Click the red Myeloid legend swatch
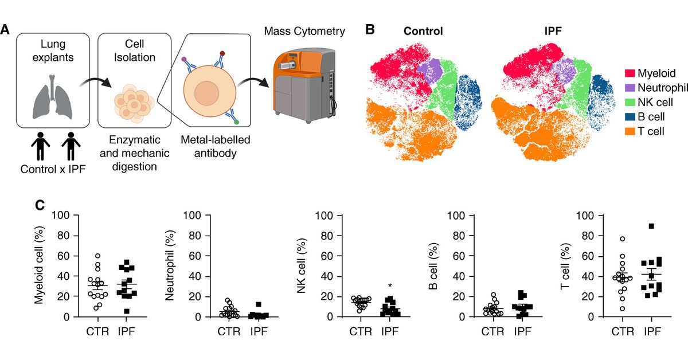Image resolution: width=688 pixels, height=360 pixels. pos(629,73)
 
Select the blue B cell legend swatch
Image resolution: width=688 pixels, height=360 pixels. pos(629,116)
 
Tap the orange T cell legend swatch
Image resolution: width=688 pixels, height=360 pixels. pos(629,131)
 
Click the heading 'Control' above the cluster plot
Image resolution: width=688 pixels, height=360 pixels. pos(423,31)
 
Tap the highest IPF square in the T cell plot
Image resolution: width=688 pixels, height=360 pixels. pos(651,226)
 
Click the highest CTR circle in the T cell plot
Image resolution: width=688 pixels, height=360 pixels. pos(622,239)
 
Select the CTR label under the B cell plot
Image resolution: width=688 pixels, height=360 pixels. pos(492,331)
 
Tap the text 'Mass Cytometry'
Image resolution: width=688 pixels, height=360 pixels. pos(304,31)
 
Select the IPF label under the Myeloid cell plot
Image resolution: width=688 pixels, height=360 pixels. pos(128,331)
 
